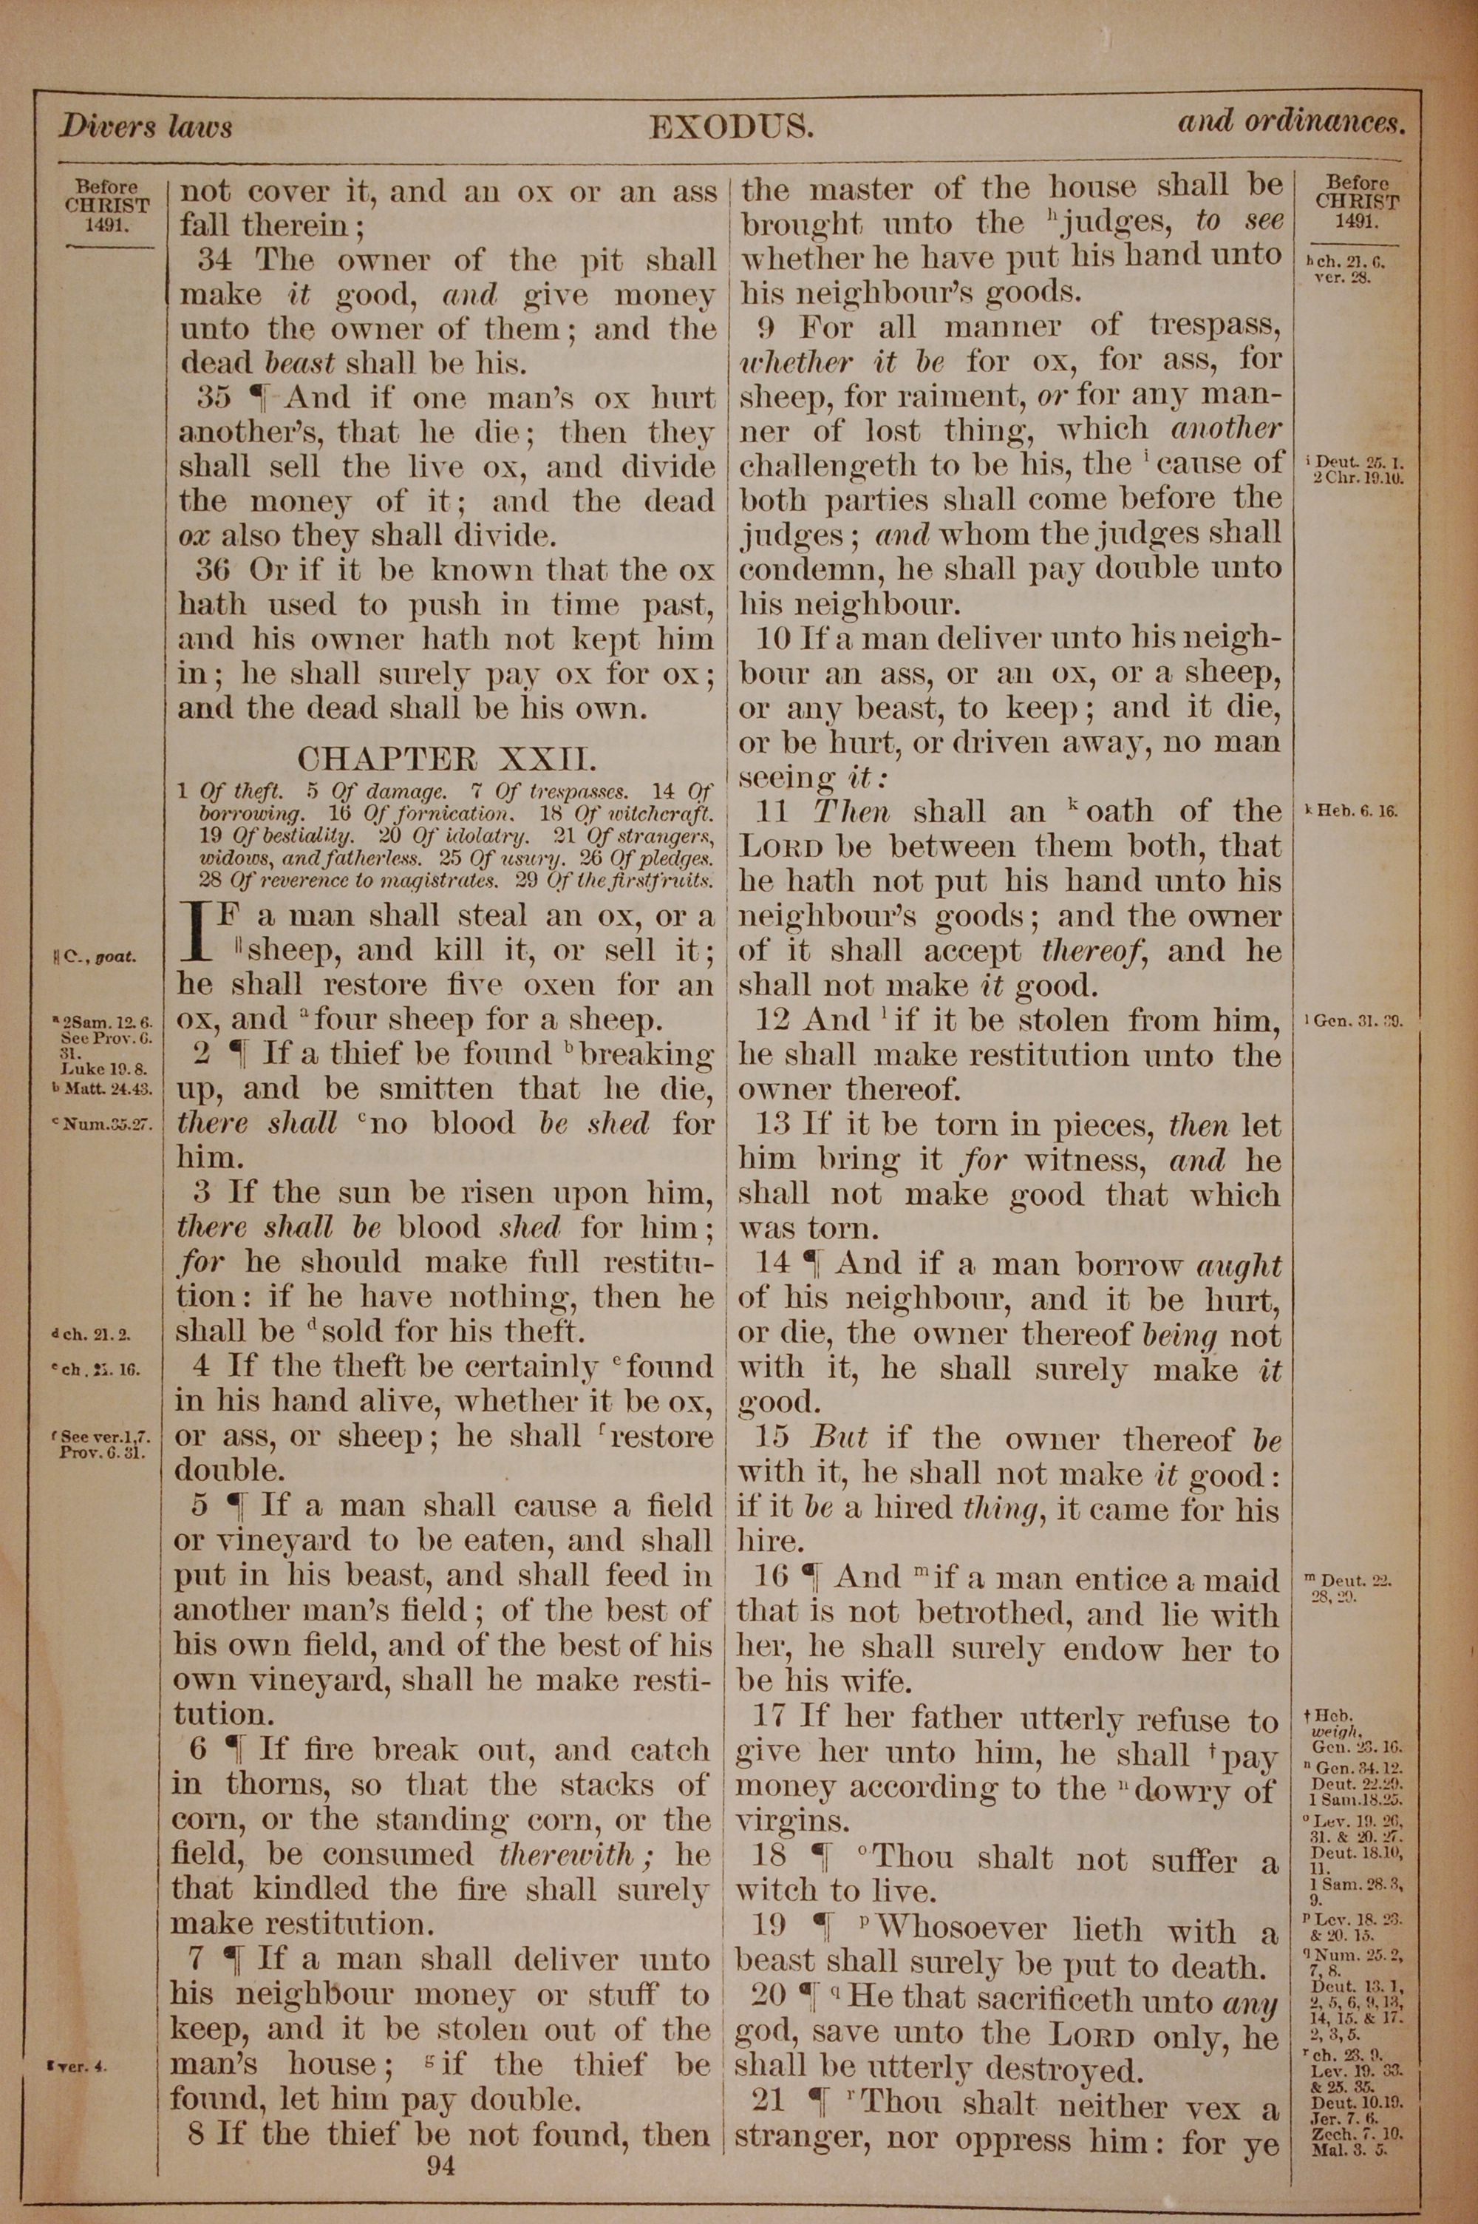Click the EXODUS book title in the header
pos(731,127)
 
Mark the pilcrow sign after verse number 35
pos(259,398)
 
